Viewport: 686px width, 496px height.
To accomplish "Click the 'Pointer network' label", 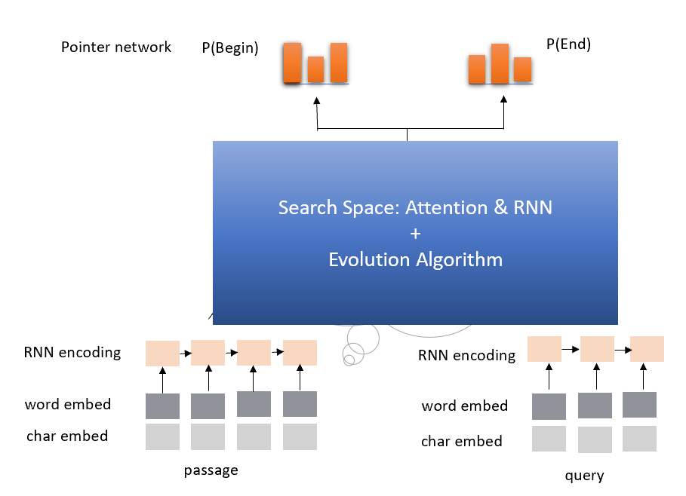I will pos(116,47).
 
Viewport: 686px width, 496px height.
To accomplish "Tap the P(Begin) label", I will pos(230,48).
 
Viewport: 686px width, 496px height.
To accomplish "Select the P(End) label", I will pos(568,44).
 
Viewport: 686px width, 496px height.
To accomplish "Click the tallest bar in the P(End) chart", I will pos(500,64).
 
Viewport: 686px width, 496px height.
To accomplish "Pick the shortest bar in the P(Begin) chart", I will pos(315,69).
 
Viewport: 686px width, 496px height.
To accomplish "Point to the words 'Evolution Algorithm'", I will pos(415,260).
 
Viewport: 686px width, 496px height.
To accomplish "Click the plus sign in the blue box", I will pos(415,234).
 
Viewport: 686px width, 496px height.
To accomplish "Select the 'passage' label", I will pos(211,470).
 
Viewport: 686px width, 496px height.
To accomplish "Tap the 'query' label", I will pos(584,476).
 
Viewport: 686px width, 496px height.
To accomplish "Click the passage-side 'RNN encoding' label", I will pos(72,352).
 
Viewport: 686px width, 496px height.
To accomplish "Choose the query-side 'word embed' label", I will pos(465,406).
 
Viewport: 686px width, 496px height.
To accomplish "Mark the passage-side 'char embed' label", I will pos(67,436).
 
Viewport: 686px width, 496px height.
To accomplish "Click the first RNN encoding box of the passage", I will pos(162,353).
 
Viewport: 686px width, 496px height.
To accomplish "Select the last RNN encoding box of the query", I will pos(647,349).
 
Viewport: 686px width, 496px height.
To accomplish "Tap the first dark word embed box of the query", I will pos(549,407).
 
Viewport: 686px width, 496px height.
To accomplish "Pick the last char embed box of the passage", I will pos(300,436).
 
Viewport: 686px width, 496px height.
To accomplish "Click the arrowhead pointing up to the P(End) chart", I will pos(504,100).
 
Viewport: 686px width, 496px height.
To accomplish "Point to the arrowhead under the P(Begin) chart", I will pos(316,100).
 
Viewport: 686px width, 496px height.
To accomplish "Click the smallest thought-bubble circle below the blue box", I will pos(349,360).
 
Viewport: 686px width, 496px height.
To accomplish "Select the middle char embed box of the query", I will pos(595,439).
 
